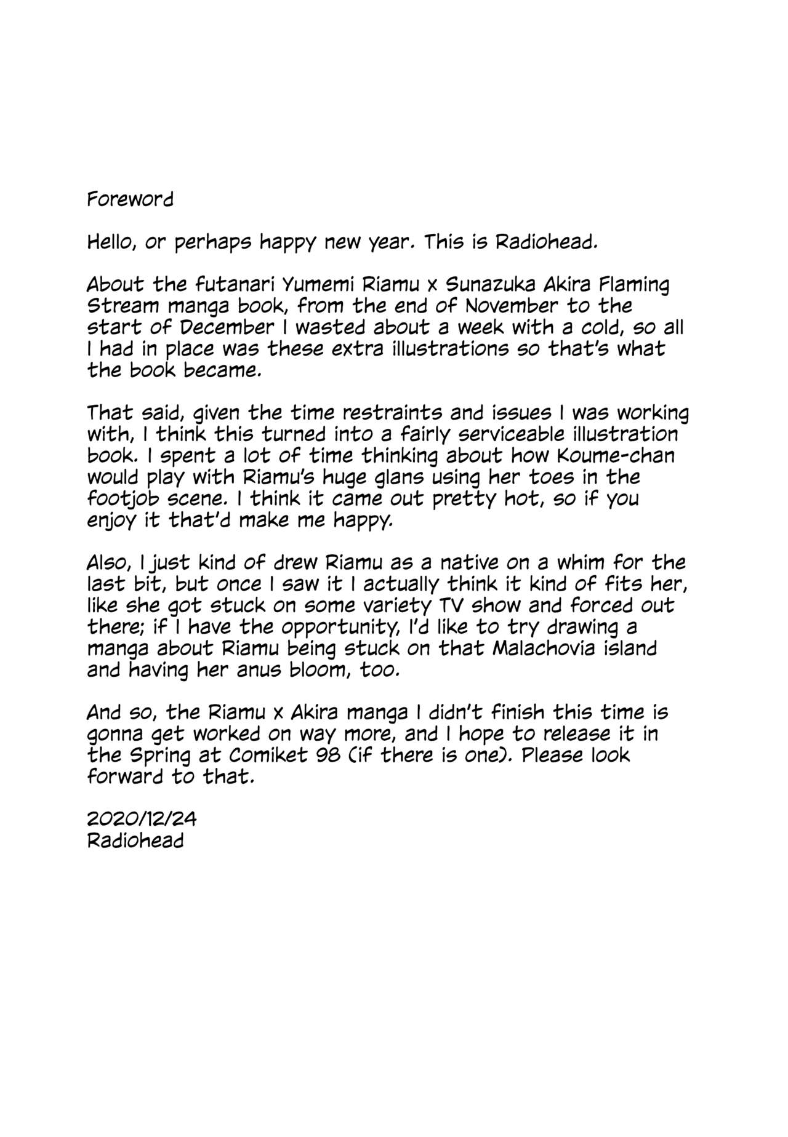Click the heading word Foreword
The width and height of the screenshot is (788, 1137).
(130, 199)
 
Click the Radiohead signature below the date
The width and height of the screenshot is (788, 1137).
(135, 840)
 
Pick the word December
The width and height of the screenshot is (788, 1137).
(227, 327)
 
